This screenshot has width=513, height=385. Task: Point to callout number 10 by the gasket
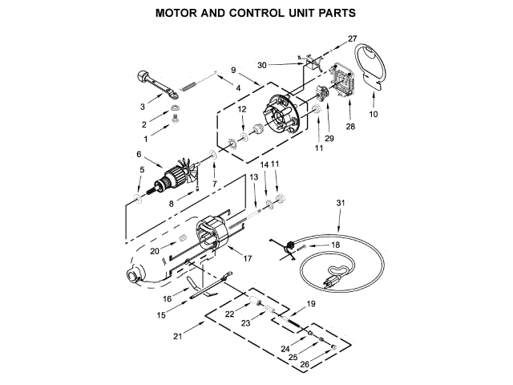373,115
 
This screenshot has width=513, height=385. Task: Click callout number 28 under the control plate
349,127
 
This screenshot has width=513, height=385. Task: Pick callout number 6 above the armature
138,155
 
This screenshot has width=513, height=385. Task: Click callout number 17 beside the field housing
248,258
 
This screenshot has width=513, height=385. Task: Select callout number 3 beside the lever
142,105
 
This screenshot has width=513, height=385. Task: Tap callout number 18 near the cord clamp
335,244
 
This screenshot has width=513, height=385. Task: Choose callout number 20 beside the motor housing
154,251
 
